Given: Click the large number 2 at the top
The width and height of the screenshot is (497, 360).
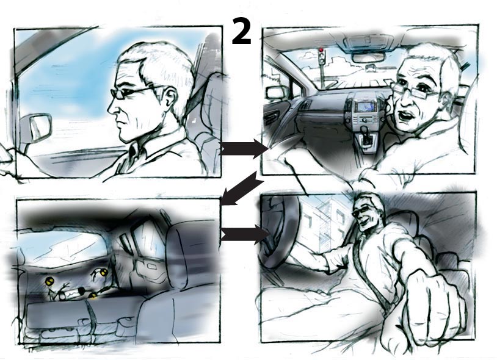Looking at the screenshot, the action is tap(242, 31).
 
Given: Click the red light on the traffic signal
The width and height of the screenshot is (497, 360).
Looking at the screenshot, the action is tap(322, 49).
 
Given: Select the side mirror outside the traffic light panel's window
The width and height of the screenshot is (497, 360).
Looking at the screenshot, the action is tap(276, 93).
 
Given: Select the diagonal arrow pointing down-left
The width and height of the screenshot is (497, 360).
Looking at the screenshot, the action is tap(242, 189).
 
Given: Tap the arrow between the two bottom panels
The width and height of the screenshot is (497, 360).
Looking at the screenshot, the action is tap(245, 234).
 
